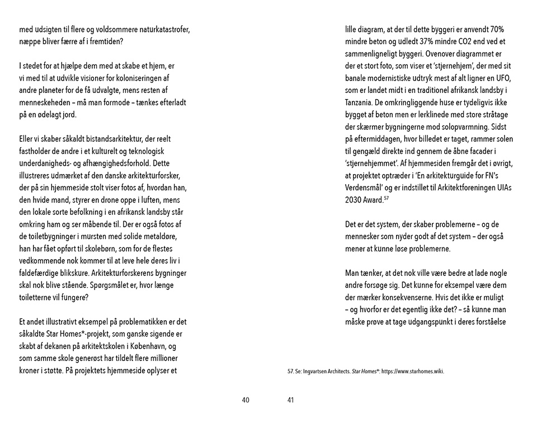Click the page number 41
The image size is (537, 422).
[290, 400]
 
